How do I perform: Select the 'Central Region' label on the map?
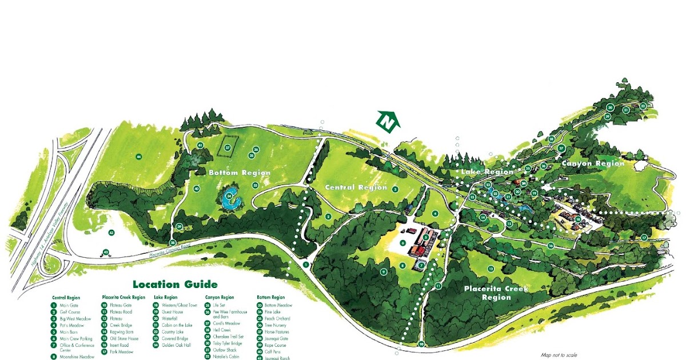tap(356, 187)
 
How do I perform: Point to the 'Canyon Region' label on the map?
tap(592, 163)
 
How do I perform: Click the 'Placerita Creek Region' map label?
tap(496, 293)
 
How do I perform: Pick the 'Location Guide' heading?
tap(175, 284)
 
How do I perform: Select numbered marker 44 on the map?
tap(138, 156)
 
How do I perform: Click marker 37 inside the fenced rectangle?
tap(228, 147)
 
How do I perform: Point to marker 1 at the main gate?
tap(306, 265)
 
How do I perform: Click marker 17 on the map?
tap(644, 237)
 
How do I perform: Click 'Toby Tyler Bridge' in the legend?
tap(229, 343)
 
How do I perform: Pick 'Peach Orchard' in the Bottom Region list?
tap(277, 318)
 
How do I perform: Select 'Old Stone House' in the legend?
tap(123, 338)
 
